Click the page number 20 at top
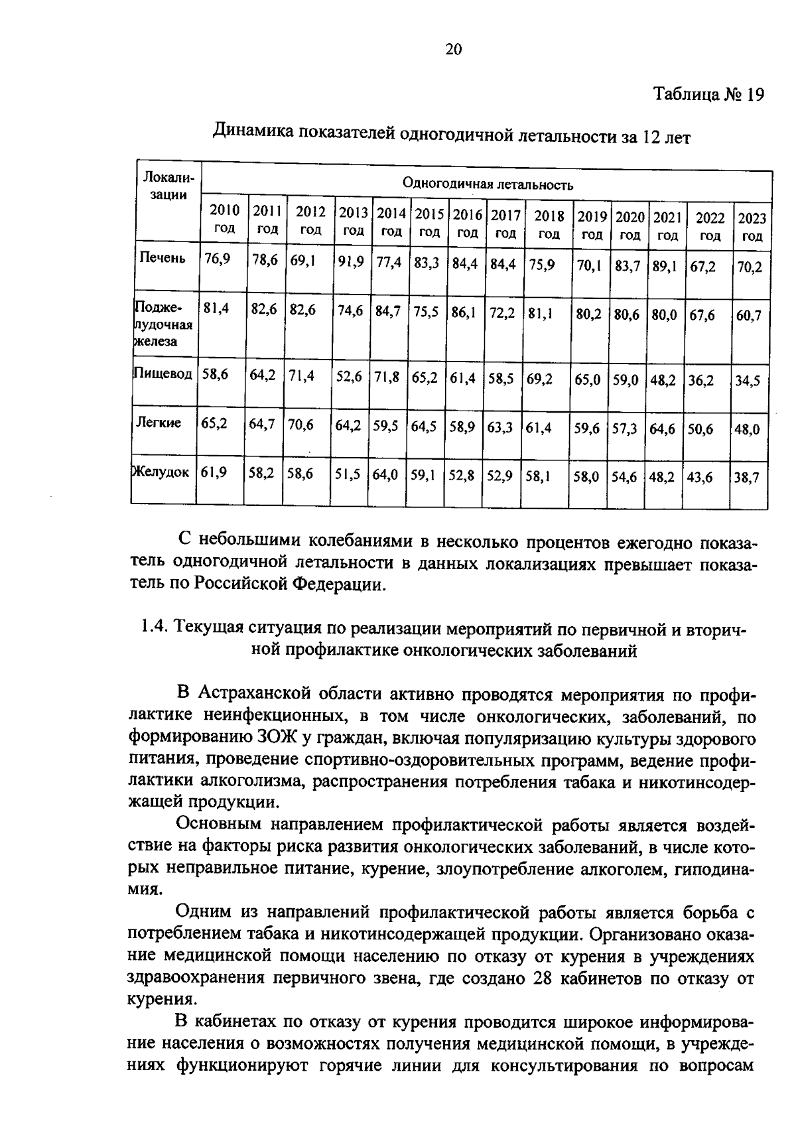(453, 50)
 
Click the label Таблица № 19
(708, 94)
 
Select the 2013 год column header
(354, 222)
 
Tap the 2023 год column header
(752, 227)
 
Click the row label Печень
(163, 257)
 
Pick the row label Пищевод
(163, 373)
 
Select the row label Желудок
(162, 472)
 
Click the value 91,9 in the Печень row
(350, 262)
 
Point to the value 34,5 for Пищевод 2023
(747, 381)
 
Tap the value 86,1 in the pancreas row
(464, 312)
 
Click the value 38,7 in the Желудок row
(746, 477)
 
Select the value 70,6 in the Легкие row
(300, 425)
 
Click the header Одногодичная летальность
(488, 184)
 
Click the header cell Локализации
(167, 186)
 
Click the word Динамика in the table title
(250, 132)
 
